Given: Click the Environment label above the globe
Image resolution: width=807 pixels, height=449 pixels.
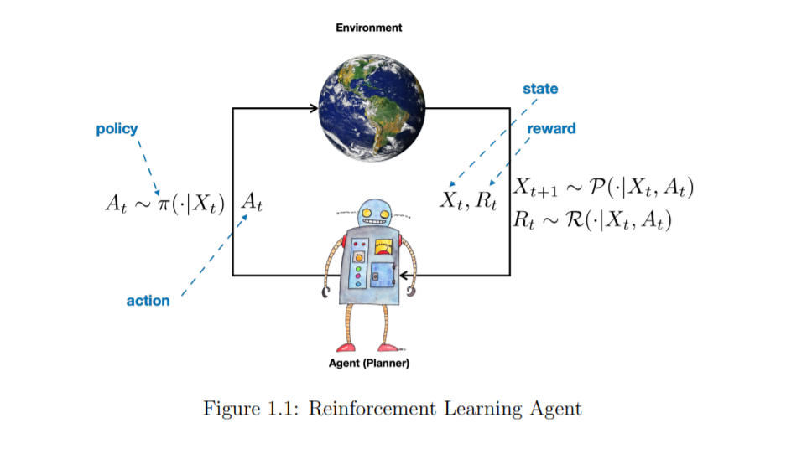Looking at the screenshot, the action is (x=369, y=28).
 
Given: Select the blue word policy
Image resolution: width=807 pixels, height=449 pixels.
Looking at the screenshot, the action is (x=117, y=129).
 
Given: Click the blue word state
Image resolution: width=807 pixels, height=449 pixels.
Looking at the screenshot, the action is (x=540, y=89).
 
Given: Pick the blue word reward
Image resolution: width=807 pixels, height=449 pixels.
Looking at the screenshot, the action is (x=551, y=129).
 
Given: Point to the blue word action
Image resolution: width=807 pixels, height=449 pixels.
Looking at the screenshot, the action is (x=148, y=301).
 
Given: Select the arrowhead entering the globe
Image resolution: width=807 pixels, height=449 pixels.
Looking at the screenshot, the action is (x=313, y=108).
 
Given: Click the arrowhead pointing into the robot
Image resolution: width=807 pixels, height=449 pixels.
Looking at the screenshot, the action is (x=403, y=275).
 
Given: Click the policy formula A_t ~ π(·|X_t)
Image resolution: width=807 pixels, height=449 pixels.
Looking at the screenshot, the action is (x=164, y=203).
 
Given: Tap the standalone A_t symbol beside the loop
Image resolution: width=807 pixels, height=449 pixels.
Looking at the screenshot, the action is (x=251, y=203).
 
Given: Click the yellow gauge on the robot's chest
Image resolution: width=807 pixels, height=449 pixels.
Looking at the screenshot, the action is (x=384, y=246).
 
